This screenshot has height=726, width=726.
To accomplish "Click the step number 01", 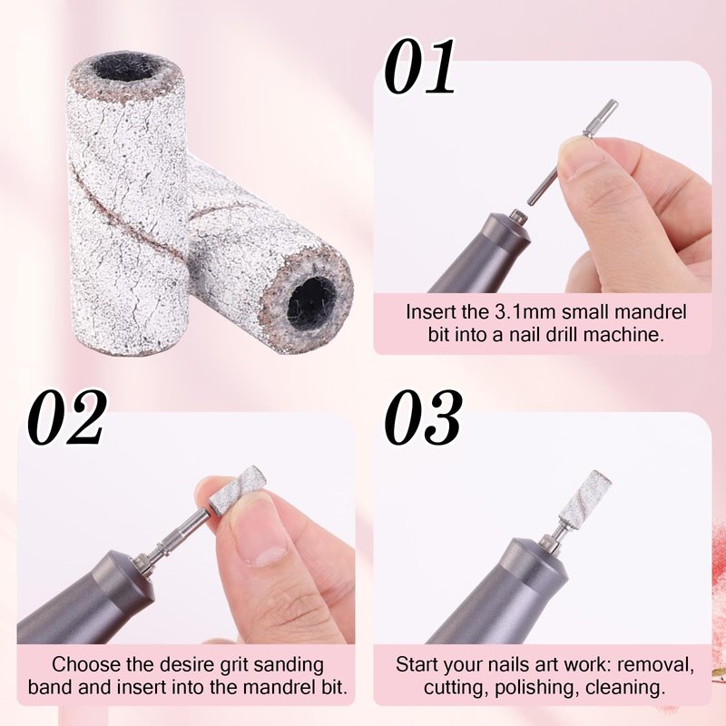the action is point(419,66).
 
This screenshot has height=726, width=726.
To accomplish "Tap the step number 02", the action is point(66,417).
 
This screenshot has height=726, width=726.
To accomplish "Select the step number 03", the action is point(423,417).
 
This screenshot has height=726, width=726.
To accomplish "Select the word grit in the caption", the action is point(234,665).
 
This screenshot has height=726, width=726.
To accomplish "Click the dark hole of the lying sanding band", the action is point(311,302).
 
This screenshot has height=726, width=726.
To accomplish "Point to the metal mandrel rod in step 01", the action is point(571,152).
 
